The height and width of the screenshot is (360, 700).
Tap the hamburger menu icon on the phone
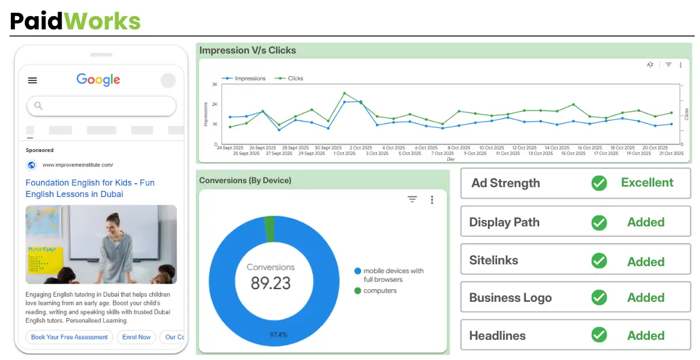click(x=32, y=81)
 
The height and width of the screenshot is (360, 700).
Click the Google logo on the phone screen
click(x=98, y=80)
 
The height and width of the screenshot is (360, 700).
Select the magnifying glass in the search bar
click(x=39, y=106)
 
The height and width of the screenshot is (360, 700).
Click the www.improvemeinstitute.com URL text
click(x=78, y=165)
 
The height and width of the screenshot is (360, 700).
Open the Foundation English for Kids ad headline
click(x=90, y=188)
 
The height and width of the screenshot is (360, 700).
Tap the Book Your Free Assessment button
click(x=69, y=337)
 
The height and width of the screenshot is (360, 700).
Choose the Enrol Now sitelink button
click(x=136, y=337)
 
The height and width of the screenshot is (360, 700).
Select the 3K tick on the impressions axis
click(x=214, y=85)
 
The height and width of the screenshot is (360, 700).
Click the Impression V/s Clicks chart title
click(x=248, y=51)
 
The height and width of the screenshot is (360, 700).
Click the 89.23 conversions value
click(x=271, y=283)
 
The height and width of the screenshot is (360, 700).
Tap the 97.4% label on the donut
click(x=278, y=335)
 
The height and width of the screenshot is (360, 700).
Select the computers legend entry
click(x=380, y=291)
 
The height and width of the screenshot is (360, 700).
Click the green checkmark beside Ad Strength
click(x=599, y=183)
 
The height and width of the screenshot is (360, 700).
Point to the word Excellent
click(x=647, y=183)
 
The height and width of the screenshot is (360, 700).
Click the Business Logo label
click(x=510, y=298)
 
